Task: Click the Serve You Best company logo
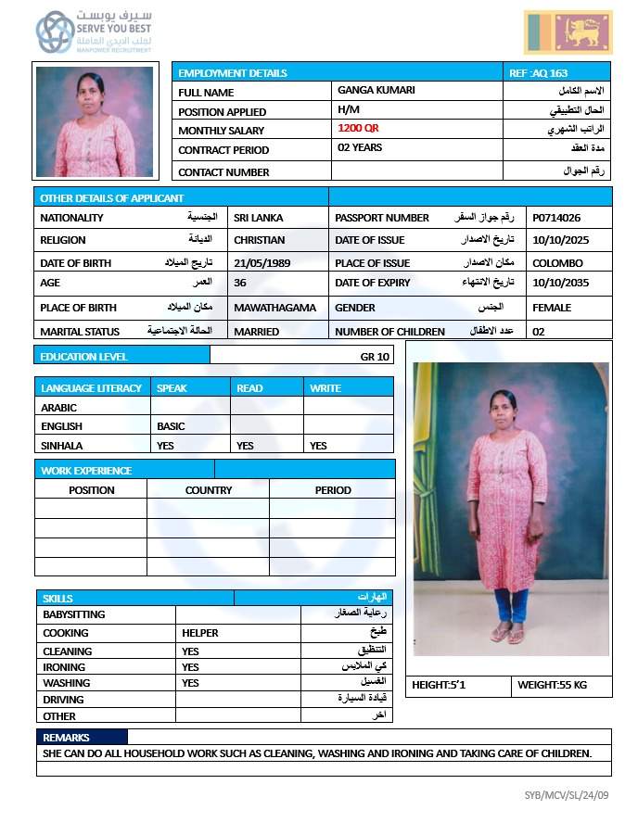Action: point(96,32)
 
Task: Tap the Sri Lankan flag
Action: point(568,32)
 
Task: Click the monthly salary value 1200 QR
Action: point(358,129)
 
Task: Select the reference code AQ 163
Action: point(539,73)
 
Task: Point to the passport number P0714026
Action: point(556,218)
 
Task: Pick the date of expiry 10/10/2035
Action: point(560,283)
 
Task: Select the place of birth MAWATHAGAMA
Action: point(274,308)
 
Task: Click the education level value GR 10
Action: point(376,357)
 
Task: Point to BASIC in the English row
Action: point(171,426)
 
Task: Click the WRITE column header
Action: point(325,388)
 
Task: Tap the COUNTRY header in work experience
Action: point(209,490)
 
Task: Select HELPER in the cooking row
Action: point(200,633)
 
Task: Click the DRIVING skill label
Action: point(63,700)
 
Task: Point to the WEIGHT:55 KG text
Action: point(552,685)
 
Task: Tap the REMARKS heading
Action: point(67,738)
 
